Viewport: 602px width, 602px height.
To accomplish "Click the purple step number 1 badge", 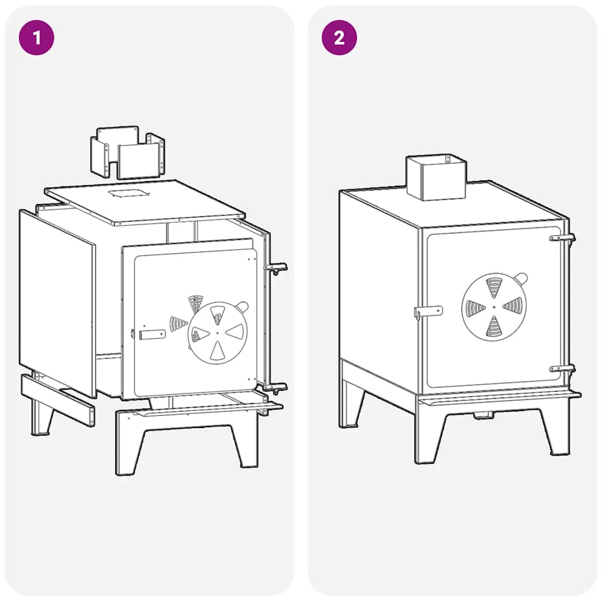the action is (36, 38).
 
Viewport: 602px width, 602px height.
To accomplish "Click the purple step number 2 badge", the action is (339, 38).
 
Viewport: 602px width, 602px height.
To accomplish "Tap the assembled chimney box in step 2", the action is (436, 178).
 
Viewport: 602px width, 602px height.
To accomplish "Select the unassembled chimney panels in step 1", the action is (128, 152).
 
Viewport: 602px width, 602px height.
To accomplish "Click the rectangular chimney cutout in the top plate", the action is (128, 192).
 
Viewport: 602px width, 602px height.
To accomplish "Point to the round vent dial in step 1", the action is (218, 333).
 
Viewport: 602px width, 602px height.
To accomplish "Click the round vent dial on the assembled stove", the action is (494, 307).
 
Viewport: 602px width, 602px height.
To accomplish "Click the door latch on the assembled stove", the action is (428, 312).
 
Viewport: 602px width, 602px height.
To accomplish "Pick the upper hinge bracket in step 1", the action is (276, 267).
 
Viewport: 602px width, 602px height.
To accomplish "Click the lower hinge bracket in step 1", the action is (276, 388).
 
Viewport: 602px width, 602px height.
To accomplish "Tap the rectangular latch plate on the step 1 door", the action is (152, 335).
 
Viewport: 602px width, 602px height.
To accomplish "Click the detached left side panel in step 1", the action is (57, 303).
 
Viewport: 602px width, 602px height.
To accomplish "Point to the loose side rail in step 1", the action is (58, 400).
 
